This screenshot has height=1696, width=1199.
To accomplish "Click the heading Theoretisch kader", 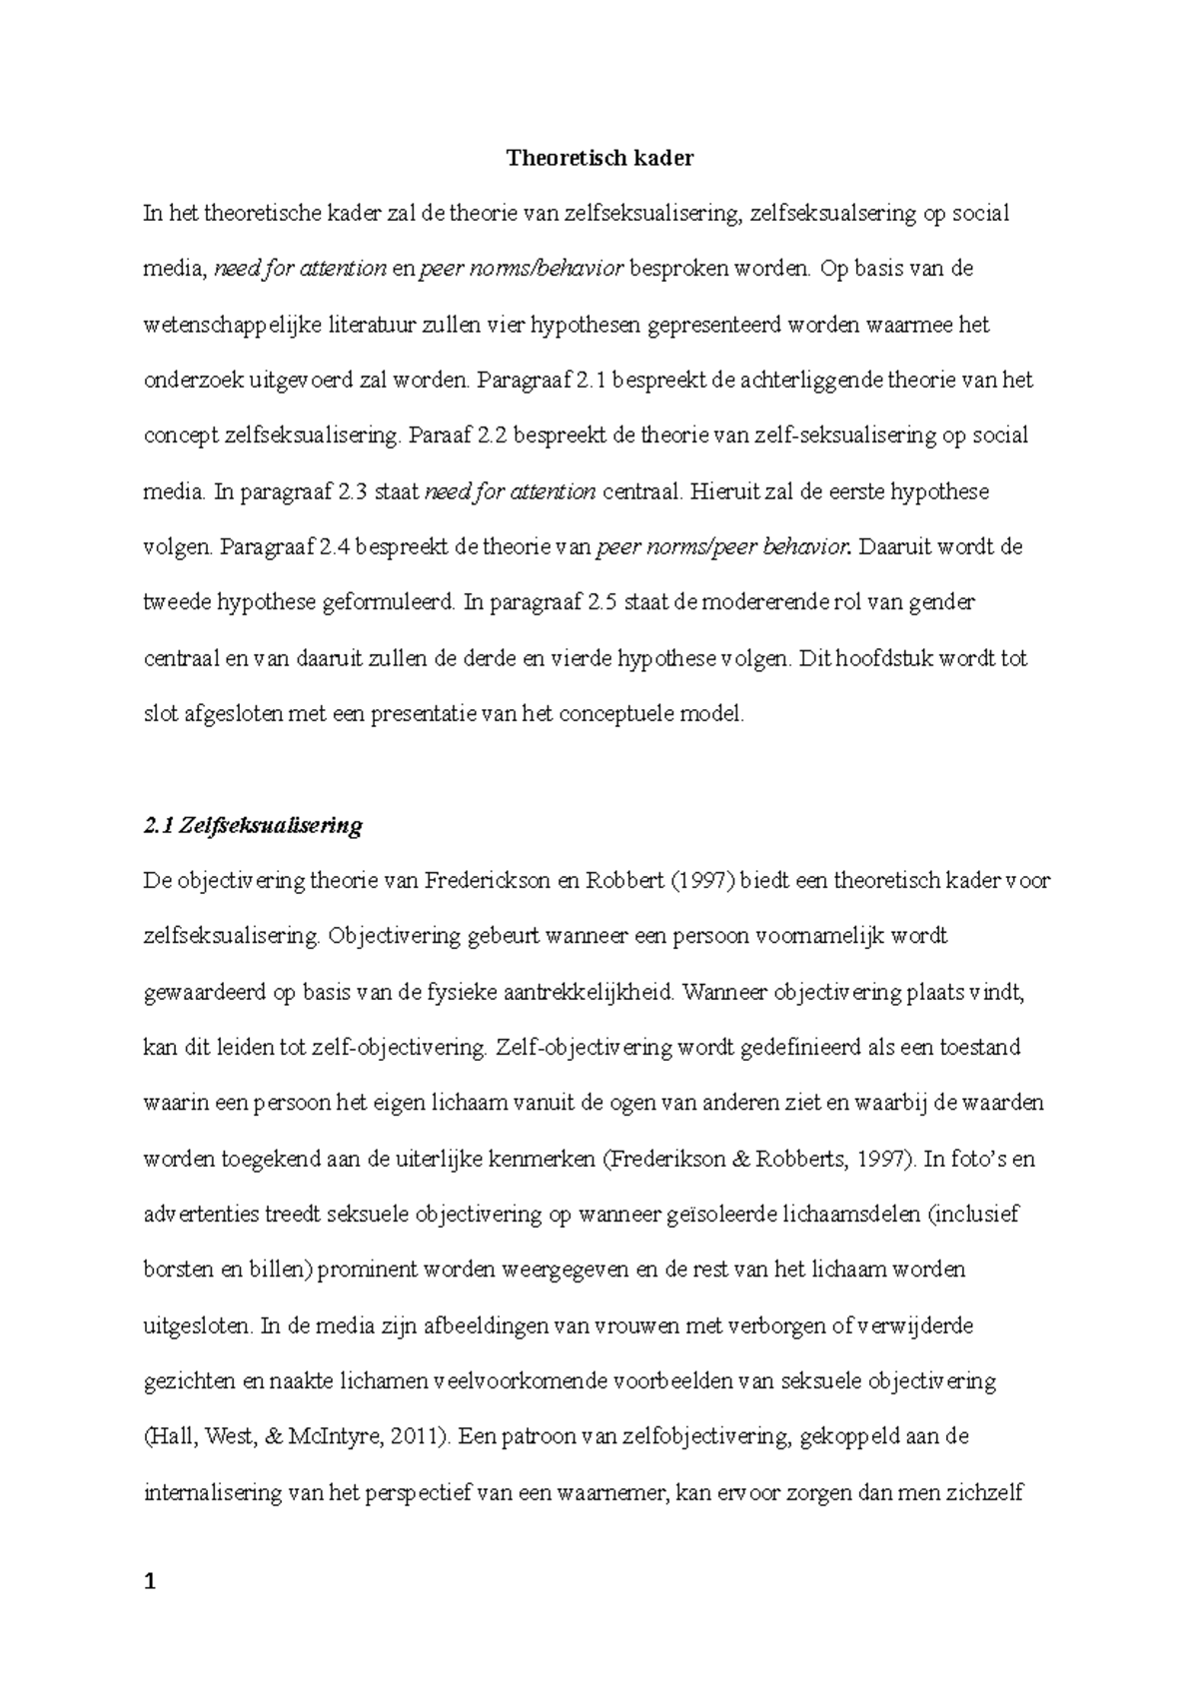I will (x=599, y=158).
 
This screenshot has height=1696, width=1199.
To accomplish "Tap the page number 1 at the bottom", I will (x=151, y=1581).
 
